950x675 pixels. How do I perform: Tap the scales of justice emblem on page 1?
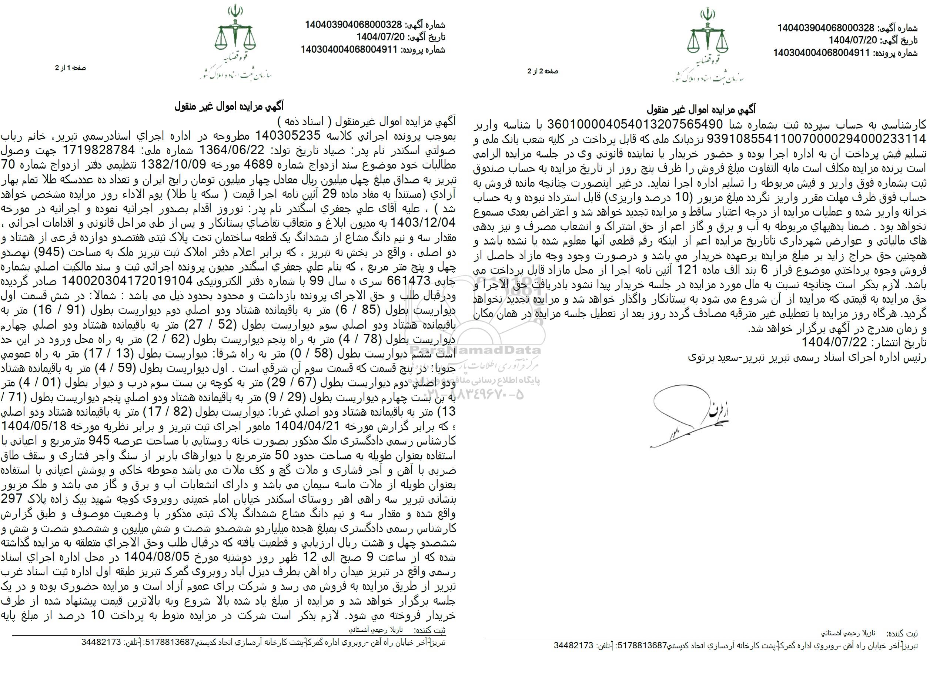point(235,29)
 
